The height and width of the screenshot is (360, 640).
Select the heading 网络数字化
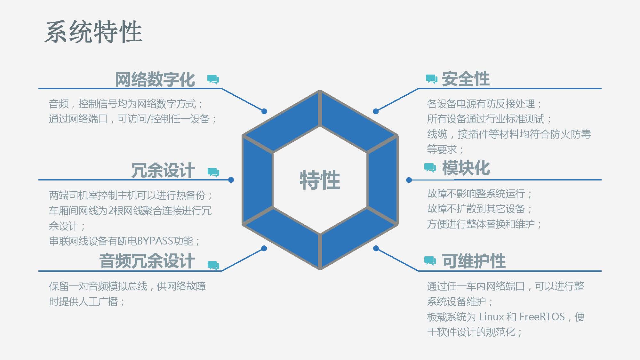[155, 79]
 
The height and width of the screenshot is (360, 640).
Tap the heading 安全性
[466, 79]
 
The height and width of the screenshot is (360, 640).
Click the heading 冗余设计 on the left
[163, 170]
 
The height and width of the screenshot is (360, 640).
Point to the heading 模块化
[466, 168]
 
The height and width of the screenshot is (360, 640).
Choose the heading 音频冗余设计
[147, 261]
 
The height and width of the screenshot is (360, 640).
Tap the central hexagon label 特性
[320, 180]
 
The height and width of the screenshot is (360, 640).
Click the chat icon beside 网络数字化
[213, 79]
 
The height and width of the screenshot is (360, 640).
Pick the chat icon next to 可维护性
[430, 261]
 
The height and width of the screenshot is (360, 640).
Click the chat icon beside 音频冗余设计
[213, 266]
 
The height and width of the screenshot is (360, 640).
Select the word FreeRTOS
[542, 317]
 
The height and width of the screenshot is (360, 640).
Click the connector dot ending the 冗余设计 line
[231, 180]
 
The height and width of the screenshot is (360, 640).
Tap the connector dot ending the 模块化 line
[409, 180]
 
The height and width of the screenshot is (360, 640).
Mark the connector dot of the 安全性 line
[376, 111]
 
